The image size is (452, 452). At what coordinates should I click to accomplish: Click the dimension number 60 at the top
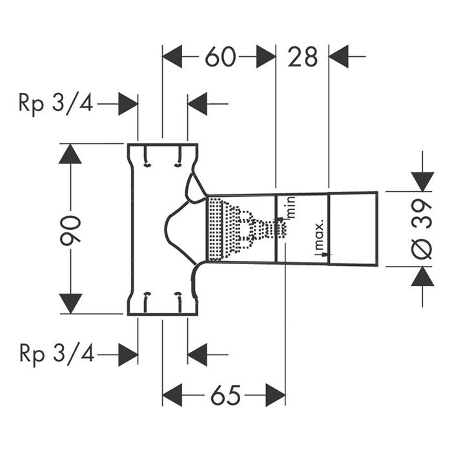point(219,57)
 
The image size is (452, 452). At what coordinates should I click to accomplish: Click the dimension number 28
point(303,57)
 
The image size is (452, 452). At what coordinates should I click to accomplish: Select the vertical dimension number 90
point(72,229)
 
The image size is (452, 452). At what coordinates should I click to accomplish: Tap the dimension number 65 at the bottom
point(223,394)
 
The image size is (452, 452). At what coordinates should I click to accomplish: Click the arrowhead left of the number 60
point(172,57)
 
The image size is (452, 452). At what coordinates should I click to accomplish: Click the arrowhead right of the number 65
point(275,394)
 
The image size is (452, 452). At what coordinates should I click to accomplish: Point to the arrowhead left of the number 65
point(172,394)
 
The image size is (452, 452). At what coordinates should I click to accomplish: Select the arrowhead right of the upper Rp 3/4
point(128,103)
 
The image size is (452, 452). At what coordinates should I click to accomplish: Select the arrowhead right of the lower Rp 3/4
point(128,354)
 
